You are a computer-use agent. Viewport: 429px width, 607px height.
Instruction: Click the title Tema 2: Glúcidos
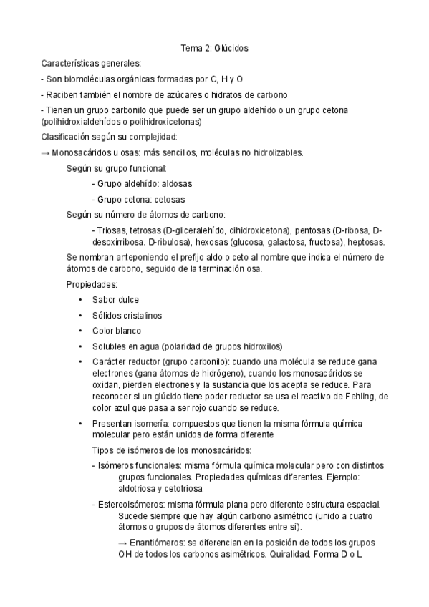[x=213, y=48]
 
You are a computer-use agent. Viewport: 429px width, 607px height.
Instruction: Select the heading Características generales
[x=91, y=64]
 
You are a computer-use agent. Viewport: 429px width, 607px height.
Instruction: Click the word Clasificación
[x=69, y=137]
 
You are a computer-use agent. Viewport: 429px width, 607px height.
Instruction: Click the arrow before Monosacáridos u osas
[x=45, y=152]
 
